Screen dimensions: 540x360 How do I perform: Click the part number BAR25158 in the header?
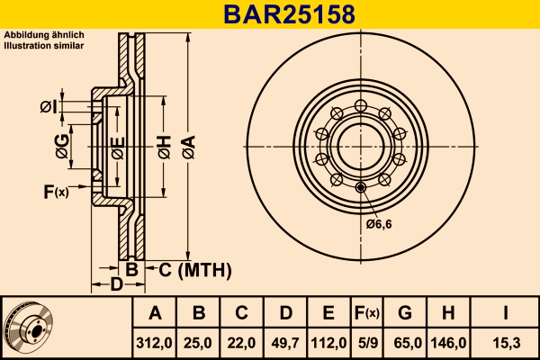click(x=289, y=14)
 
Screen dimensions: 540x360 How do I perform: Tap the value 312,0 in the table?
click(x=154, y=343)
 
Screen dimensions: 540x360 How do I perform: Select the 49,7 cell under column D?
click(x=285, y=343)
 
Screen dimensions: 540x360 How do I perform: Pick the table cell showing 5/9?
click(x=367, y=343)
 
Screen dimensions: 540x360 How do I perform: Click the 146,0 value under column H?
click(x=448, y=343)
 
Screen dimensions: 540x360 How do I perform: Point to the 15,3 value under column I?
click(x=506, y=343)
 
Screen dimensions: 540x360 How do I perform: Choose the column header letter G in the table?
click(x=405, y=313)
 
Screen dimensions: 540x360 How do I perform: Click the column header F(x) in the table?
click(x=367, y=313)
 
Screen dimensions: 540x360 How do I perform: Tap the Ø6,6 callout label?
click(x=379, y=224)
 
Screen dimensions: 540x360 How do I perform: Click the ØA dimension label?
click(x=189, y=147)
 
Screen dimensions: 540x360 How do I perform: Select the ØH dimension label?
click(x=165, y=147)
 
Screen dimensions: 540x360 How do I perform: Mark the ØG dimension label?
click(x=62, y=147)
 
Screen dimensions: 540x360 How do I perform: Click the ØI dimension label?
click(x=49, y=107)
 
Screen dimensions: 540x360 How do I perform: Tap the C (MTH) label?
click(x=195, y=270)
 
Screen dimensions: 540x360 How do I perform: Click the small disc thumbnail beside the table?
click(x=28, y=328)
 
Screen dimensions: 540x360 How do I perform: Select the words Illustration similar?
click(x=44, y=46)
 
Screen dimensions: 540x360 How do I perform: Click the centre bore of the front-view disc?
click(x=361, y=147)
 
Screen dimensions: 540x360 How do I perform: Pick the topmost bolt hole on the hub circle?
click(x=361, y=106)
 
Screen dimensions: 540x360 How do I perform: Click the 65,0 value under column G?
click(x=408, y=343)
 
